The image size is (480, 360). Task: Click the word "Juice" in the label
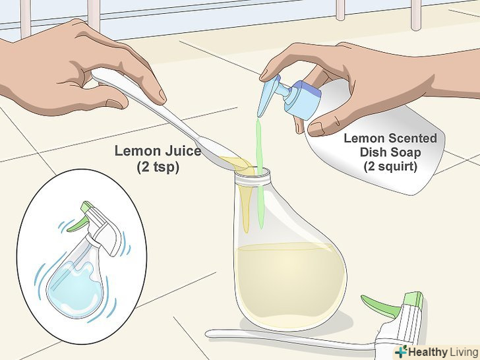pyautogui.click(x=183, y=151)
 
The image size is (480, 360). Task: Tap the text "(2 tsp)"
pyautogui.click(x=158, y=167)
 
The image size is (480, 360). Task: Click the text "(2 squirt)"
pyautogui.click(x=390, y=167)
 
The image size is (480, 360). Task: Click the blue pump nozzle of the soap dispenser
pyautogui.click(x=269, y=95)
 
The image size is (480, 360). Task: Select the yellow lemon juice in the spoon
pyautogui.click(x=236, y=163)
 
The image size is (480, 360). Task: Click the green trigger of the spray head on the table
pyautogui.click(x=378, y=305)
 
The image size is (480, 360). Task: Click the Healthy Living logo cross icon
pyautogui.click(x=402, y=351)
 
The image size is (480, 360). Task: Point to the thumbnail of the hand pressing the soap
pyautogui.click(x=315, y=129)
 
